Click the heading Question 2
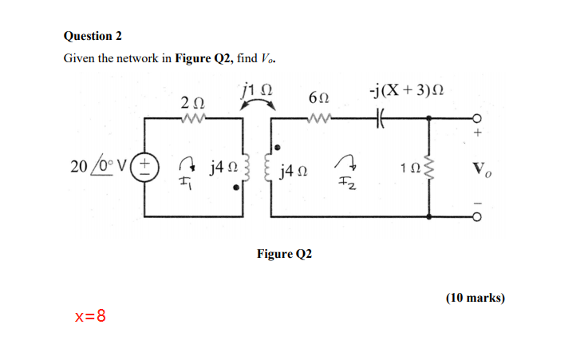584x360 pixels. [93, 36]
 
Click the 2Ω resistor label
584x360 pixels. [191, 103]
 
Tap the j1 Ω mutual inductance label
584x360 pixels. [255, 88]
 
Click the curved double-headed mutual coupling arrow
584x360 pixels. [258, 106]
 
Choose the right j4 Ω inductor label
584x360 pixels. [296, 170]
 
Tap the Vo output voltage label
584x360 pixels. [481, 170]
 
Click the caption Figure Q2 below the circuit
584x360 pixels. [284, 254]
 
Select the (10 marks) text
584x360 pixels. [475, 298]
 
